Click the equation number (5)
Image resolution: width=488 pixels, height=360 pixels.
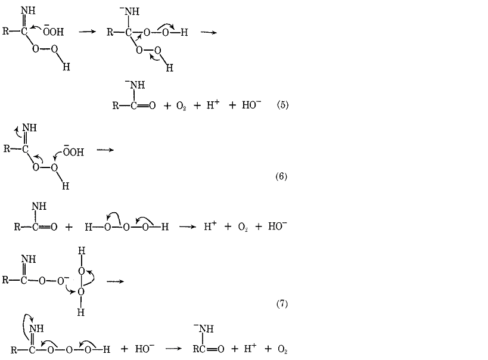coord(282,105)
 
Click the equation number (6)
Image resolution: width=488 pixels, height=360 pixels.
coord(281,176)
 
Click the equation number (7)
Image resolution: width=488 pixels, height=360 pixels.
coord(282,303)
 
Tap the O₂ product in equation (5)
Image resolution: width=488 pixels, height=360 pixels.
coord(181,106)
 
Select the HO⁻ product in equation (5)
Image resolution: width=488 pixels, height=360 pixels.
coord(251,105)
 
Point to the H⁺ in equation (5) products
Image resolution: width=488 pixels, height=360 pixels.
coord(213,105)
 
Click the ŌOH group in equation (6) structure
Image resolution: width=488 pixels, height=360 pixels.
coord(73,151)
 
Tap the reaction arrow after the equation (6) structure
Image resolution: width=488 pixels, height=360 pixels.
coord(105,150)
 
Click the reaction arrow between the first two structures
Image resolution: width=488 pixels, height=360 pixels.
coord(87,32)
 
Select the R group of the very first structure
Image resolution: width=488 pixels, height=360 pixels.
coord(6,31)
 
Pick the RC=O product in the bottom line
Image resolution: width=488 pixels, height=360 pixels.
coord(208,349)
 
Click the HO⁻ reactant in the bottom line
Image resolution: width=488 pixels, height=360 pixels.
coord(144,349)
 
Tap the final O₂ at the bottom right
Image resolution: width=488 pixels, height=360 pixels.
coord(282,350)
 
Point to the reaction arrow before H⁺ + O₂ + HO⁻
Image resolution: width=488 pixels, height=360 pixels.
coord(187,226)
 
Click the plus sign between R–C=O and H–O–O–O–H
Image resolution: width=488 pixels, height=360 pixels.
coord(69,227)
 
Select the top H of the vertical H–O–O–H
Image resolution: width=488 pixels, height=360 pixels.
coord(81,251)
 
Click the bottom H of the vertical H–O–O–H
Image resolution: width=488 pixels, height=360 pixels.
coord(80,312)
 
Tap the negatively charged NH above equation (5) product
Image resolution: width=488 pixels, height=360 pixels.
coord(135,85)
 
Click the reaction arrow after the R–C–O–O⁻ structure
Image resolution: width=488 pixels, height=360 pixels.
coord(115,281)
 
